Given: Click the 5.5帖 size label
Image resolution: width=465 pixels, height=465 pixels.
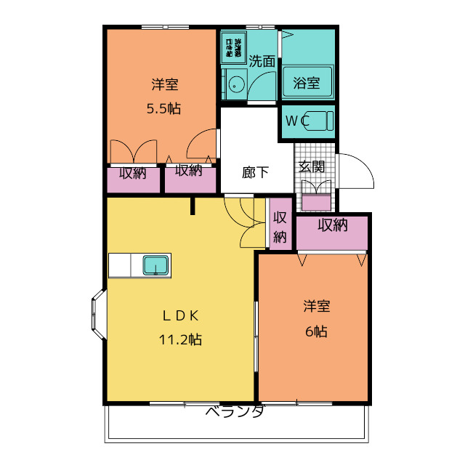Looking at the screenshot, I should (x=163, y=110).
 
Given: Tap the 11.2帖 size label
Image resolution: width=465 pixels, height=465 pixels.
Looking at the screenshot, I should (x=181, y=339).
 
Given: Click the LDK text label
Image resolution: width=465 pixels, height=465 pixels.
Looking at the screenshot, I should (x=180, y=316).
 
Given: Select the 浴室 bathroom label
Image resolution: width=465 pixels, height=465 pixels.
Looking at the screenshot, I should (x=307, y=82).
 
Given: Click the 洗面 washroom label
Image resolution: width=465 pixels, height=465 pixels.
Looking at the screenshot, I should (x=262, y=61).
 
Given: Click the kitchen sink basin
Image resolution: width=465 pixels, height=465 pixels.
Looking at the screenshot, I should (x=156, y=264).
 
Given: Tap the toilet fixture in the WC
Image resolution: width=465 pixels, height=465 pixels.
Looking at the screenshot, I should (x=318, y=121).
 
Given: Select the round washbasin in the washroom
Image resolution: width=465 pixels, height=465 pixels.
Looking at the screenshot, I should (x=235, y=86).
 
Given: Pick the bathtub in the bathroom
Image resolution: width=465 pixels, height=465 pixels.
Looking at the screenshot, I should (x=307, y=82).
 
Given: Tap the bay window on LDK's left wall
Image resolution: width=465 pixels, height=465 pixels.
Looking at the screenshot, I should (x=97, y=314).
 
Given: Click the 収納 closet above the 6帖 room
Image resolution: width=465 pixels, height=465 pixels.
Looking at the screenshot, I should (x=333, y=225).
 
